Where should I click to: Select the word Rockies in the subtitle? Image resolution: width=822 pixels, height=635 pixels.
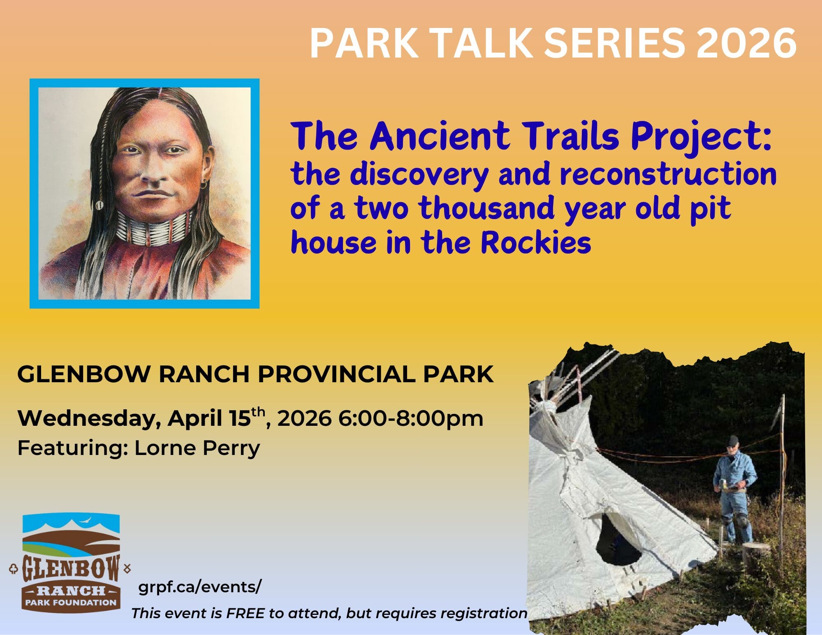click(535, 242)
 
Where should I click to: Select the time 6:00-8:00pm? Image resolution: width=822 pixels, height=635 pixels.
click(411, 418)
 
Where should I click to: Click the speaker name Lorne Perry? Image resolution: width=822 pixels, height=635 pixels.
click(197, 448)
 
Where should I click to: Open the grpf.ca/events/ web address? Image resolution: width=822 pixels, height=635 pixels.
click(200, 587)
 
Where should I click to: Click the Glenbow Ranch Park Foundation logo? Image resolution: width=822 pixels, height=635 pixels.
click(71, 563)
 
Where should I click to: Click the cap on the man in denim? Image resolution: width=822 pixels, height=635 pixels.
click(733, 441)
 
